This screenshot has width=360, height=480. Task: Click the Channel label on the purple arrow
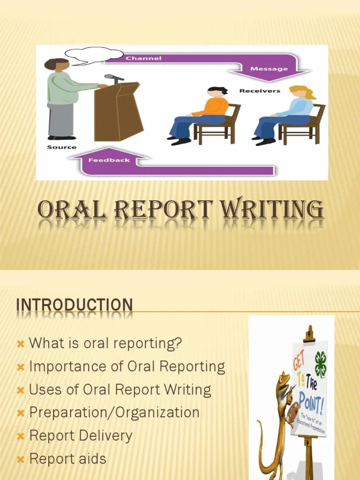(x=143, y=58)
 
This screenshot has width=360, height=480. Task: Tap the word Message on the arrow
(x=269, y=68)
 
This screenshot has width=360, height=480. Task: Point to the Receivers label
(x=260, y=90)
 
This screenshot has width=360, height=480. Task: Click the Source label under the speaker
(x=61, y=147)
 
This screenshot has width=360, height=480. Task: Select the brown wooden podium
(x=117, y=112)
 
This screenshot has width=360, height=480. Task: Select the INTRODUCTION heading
(x=75, y=305)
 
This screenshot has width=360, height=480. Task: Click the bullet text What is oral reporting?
(x=105, y=343)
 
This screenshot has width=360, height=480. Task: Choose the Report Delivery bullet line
(x=81, y=435)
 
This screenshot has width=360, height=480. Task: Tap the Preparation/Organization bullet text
(x=114, y=412)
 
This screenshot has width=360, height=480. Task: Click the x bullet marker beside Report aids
(x=20, y=459)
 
